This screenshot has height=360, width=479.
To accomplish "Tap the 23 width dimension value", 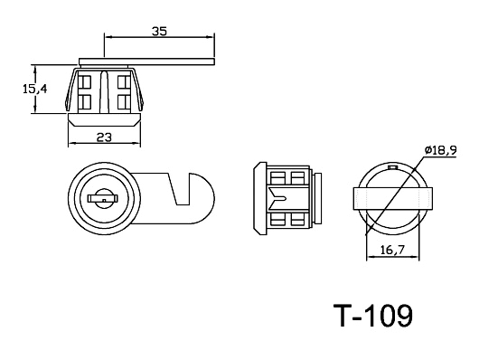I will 105,137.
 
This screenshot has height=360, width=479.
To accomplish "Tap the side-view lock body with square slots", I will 287,197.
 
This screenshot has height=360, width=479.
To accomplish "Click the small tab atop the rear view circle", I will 392,167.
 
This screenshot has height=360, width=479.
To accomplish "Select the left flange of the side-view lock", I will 258,197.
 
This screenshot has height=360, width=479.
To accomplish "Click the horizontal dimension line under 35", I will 159,38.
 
